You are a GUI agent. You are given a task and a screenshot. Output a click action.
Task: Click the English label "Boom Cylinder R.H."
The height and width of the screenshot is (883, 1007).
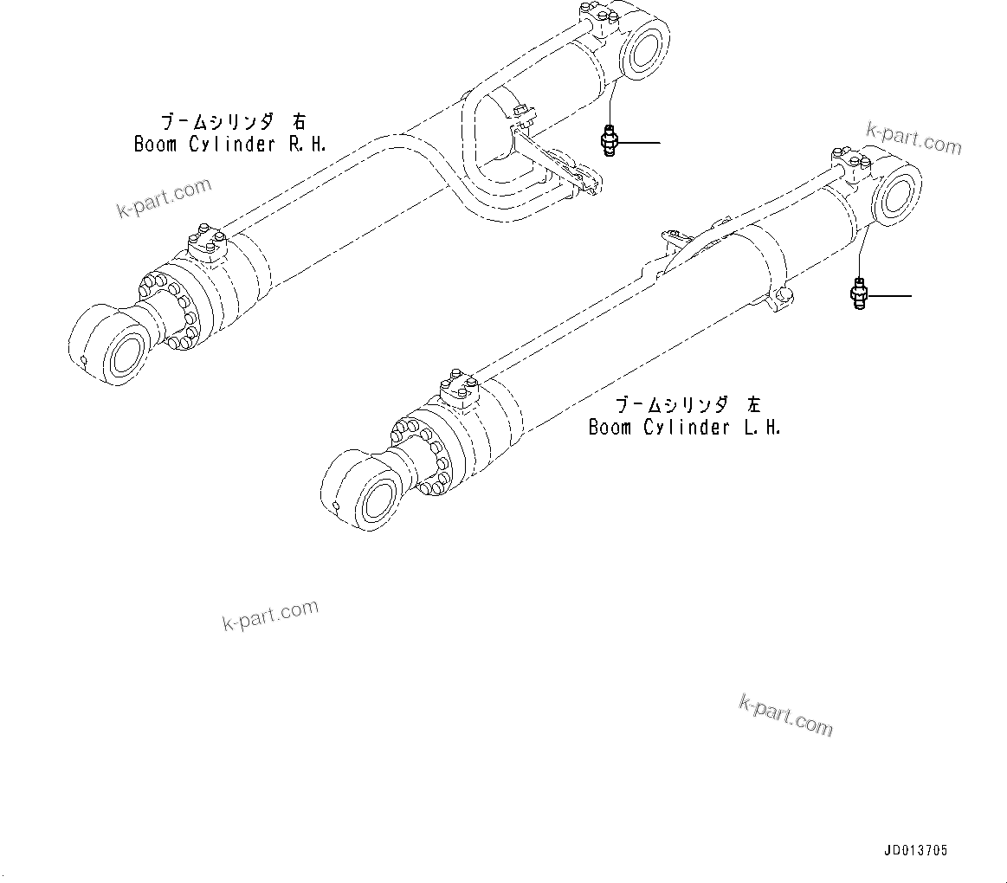click(x=229, y=144)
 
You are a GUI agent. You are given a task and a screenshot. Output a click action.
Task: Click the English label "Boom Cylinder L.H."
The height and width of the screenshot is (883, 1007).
click(x=684, y=427)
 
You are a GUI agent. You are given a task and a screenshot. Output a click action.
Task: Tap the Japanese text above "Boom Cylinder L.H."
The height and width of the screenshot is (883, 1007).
click(x=688, y=404)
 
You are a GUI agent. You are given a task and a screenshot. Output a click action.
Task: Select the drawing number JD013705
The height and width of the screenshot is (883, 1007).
click(x=915, y=851)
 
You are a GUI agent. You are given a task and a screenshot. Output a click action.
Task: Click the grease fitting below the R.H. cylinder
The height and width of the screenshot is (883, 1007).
click(x=609, y=140)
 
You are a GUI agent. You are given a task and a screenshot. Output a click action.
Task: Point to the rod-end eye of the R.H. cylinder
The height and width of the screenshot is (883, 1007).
click(x=110, y=348)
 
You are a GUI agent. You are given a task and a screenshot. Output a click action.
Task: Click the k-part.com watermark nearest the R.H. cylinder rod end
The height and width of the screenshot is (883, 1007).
click(x=164, y=198)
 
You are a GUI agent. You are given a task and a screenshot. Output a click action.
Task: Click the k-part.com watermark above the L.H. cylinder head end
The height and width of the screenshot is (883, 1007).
click(x=913, y=139)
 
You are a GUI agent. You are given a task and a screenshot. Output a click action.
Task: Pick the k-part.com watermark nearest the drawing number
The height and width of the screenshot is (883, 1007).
click(x=785, y=714)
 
